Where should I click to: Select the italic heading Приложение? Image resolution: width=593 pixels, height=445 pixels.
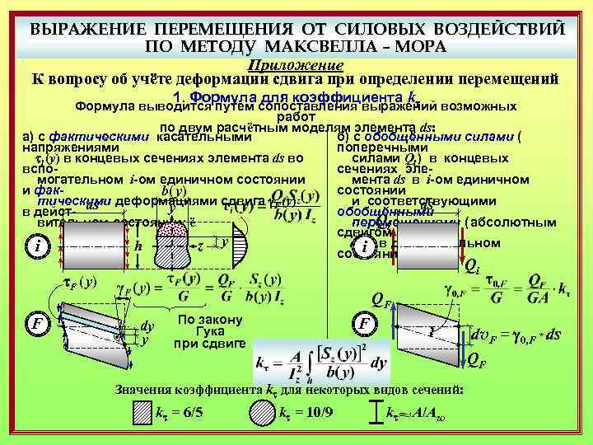pos(296,64)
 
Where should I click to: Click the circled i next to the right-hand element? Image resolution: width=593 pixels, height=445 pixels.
pos(363,248)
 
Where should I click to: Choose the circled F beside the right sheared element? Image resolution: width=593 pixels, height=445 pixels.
pos(363,323)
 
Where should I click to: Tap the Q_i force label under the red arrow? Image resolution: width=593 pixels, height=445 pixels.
pos(472,265)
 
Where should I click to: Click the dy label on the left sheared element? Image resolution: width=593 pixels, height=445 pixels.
pos(147,326)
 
